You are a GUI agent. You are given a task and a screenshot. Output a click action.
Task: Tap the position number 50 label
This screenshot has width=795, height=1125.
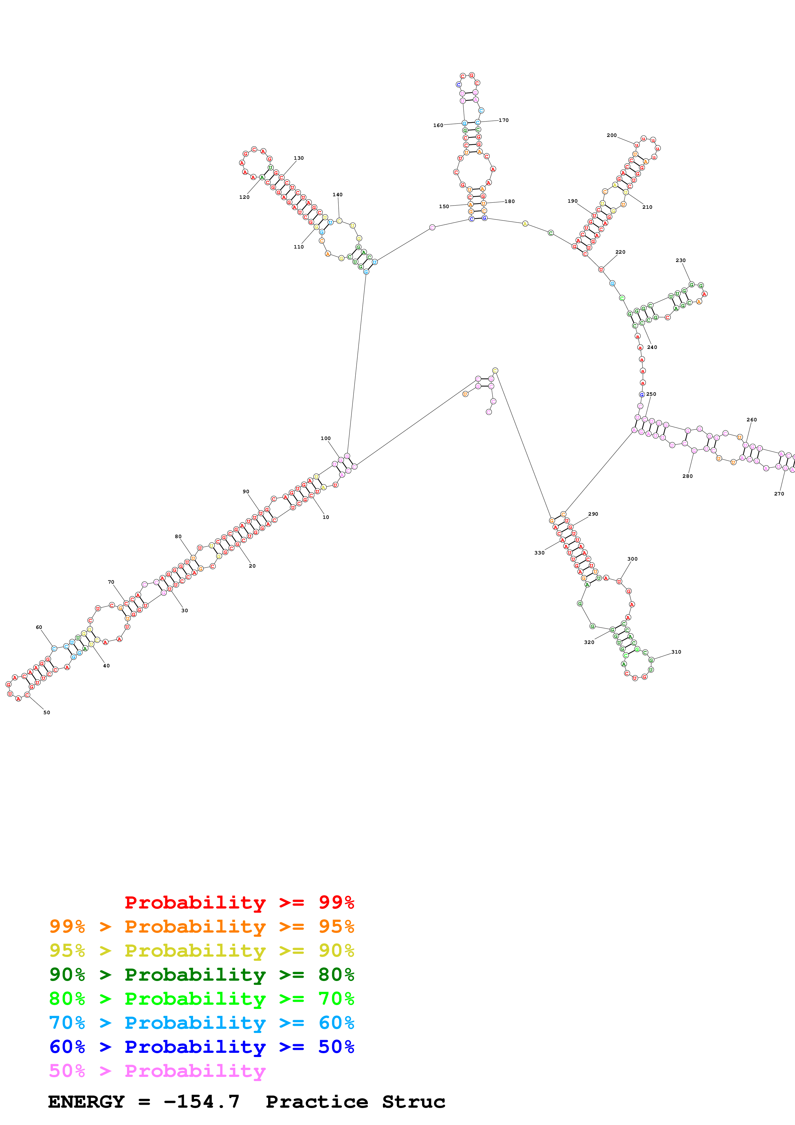pyautogui.click(x=47, y=713)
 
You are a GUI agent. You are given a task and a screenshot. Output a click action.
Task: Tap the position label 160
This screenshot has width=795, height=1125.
pyautogui.click(x=438, y=125)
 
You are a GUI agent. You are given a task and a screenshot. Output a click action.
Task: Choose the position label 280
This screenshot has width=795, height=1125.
pyautogui.click(x=687, y=476)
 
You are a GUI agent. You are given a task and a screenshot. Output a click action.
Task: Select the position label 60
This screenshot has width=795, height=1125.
pyautogui.click(x=39, y=627)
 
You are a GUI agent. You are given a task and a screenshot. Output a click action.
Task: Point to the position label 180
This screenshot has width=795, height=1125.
pyautogui.click(x=510, y=201)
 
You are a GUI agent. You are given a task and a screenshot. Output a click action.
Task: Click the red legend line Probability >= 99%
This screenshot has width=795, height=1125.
pyautogui.click(x=239, y=902)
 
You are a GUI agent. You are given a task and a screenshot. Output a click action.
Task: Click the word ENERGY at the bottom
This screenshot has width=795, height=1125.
pyautogui.click(x=86, y=1102)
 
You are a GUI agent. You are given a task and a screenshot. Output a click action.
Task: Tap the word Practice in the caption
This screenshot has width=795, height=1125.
pyautogui.click(x=317, y=1102)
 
